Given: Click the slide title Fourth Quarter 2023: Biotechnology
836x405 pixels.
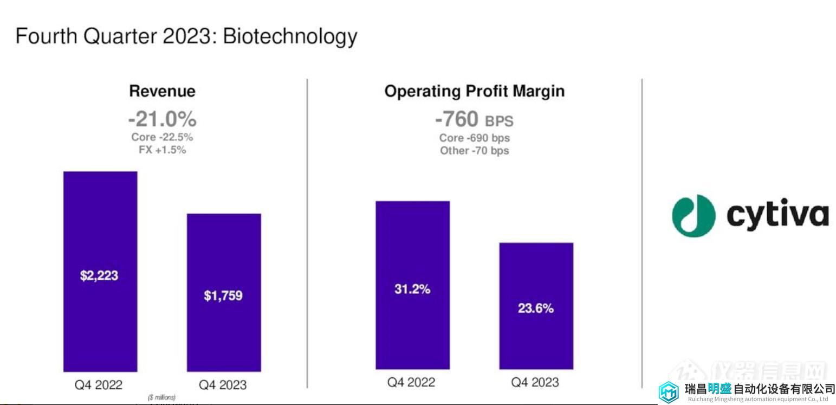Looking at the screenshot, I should point(186,36).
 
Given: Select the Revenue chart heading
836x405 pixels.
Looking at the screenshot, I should point(162,91).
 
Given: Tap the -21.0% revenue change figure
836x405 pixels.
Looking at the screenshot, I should point(162,119).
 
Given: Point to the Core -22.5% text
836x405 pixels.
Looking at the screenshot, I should point(162,137).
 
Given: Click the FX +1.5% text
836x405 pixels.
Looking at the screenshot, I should point(162,150).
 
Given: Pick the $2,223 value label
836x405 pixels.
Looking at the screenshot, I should point(99,275).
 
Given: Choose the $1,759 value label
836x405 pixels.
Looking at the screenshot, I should point(223,295).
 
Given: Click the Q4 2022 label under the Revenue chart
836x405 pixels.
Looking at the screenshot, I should point(99,385).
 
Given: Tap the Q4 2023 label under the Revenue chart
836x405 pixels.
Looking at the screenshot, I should point(223,385).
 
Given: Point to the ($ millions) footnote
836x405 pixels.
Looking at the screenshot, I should point(162,397).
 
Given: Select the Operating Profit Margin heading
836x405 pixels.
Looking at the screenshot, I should point(475,91).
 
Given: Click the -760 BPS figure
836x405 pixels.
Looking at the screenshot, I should point(474,119).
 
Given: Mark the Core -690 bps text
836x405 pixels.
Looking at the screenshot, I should point(475,138).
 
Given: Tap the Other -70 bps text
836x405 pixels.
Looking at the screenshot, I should point(475,150).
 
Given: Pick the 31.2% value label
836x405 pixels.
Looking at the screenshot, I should point(412,289).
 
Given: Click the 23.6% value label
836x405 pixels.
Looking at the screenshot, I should point(536,308).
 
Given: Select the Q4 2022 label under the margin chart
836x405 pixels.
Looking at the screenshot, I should point(411,382).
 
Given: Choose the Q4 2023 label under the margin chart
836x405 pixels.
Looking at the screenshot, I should point(535,382).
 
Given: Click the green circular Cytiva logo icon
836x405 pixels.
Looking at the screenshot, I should point(694,215).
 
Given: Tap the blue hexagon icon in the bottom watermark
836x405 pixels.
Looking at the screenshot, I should point(669,391).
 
